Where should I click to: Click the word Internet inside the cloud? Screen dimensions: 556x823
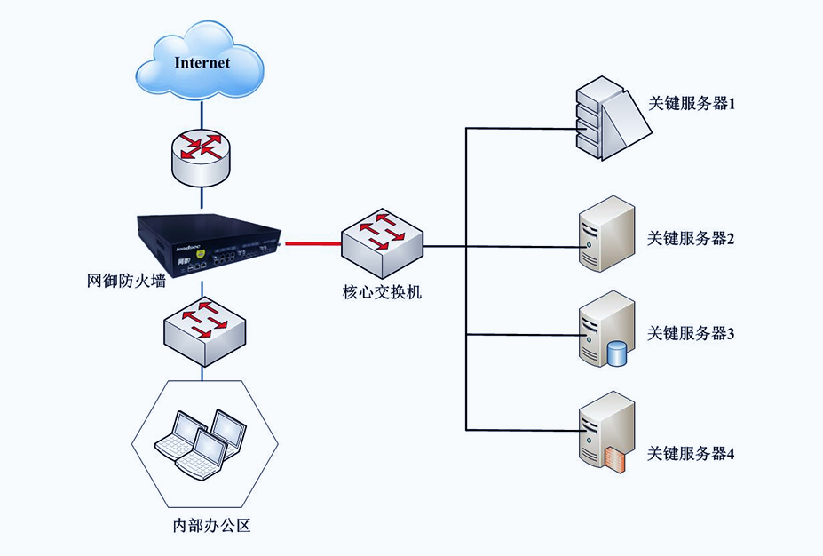(x=202, y=63)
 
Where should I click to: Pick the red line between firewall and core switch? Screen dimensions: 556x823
(x=311, y=241)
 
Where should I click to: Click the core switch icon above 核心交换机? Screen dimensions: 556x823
(x=381, y=241)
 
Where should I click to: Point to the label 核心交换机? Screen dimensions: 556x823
(x=383, y=290)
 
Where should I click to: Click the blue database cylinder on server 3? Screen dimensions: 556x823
(x=616, y=354)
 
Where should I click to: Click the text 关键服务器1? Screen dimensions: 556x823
(x=692, y=104)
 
